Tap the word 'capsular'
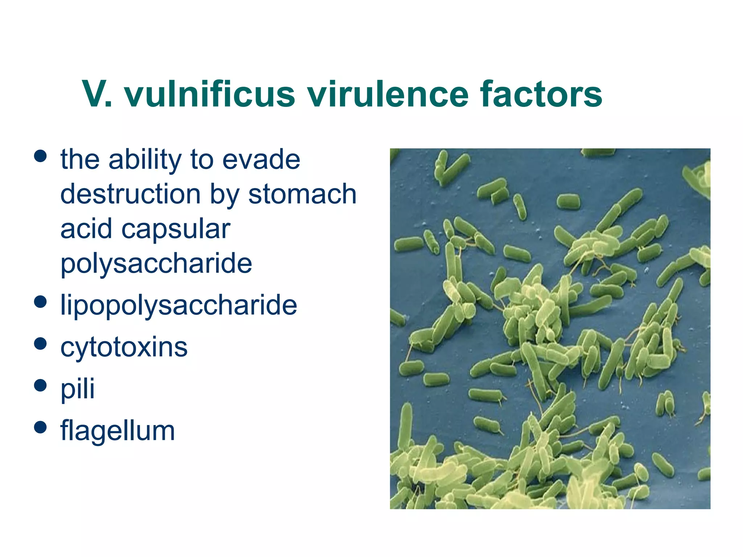tap(176, 229)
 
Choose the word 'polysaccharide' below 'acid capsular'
tap(156, 264)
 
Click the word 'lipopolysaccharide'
tap(178, 305)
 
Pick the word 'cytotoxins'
tap(124, 347)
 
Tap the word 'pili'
tap(77, 389)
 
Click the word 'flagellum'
tap(118, 430)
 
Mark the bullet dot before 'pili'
tap(40, 385)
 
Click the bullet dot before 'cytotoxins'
tap(40, 343)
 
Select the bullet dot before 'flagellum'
tap(40, 427)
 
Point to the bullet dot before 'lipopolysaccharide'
tap(40, 302)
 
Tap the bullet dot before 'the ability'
tap(40, 156)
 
